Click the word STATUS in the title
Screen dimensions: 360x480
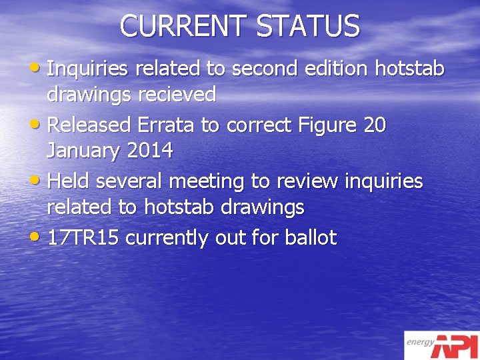click(308, 27)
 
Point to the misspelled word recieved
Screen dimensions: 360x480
click(177, 95)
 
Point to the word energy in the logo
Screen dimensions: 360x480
click(421, 343)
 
